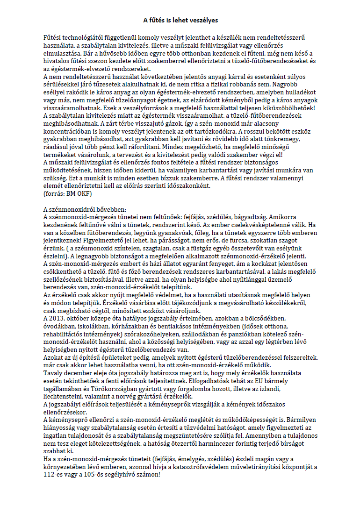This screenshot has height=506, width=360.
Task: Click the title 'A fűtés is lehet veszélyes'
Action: [180, 20]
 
